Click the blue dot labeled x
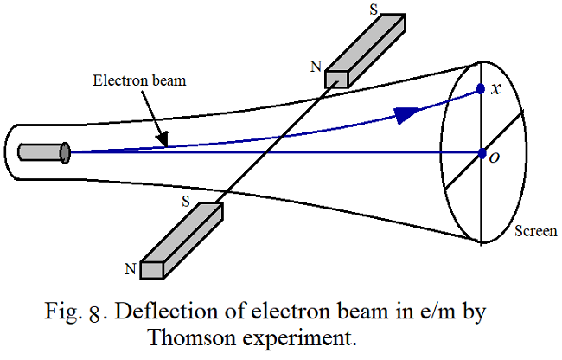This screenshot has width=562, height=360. coord(482,89)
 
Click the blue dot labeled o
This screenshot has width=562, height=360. coord(482,153)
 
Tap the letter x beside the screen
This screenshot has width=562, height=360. coord(495,90)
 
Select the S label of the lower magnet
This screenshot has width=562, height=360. coord(184,200)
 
